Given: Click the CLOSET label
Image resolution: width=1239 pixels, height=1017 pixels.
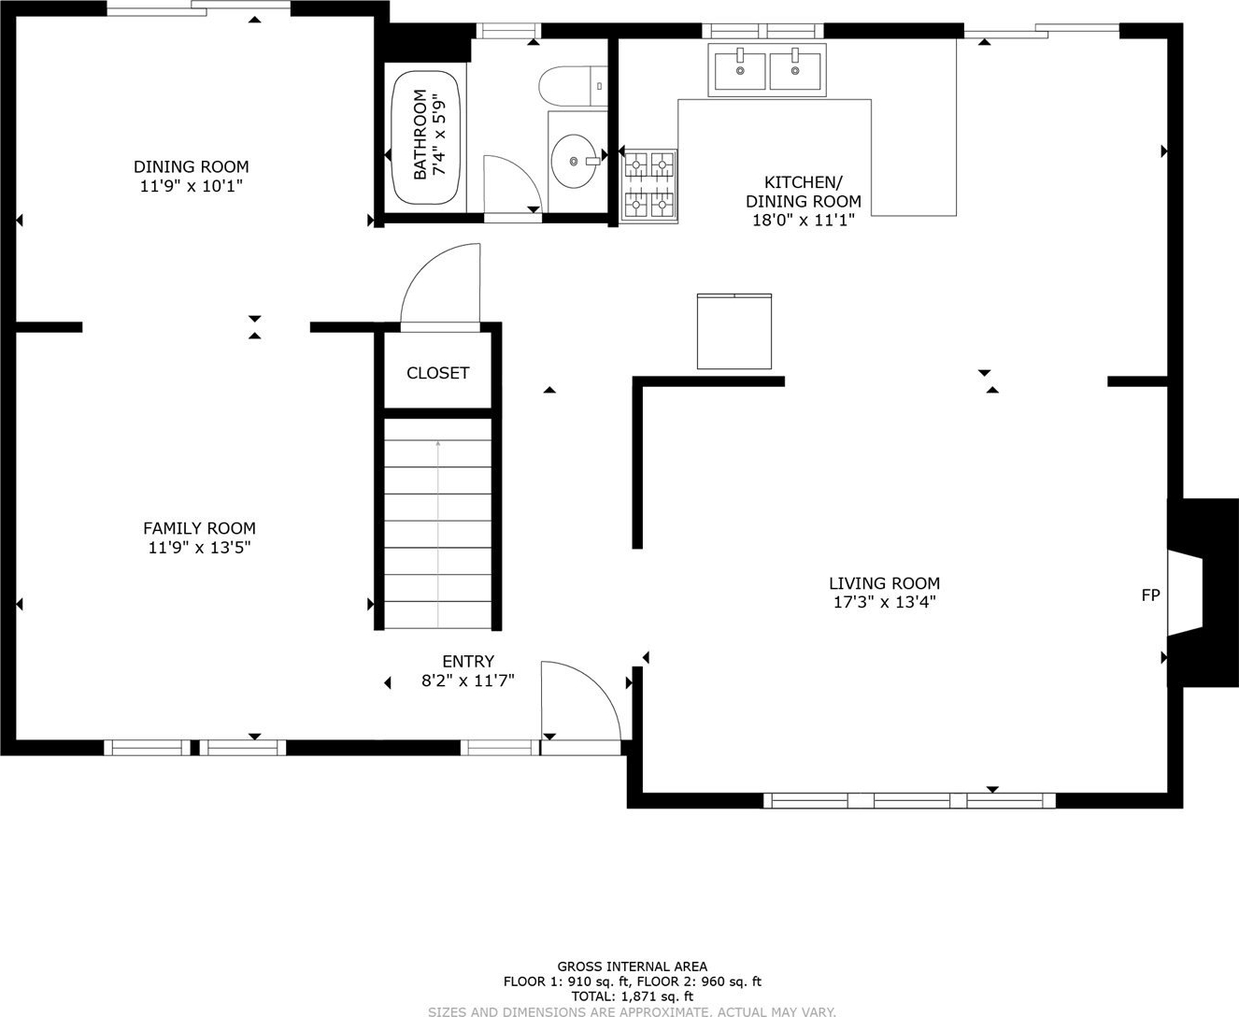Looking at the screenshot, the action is (437, 373).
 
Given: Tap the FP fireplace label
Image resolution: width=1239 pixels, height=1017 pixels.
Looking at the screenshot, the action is (1150, 594).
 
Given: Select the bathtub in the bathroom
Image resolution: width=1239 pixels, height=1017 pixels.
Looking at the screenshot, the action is (425, 137).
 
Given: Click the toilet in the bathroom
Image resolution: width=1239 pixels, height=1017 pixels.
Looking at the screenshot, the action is (573, 86).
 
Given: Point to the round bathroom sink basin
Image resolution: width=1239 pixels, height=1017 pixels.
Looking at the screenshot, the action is (574, 161).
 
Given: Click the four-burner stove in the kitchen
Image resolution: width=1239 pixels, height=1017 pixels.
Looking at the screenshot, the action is (649, 186).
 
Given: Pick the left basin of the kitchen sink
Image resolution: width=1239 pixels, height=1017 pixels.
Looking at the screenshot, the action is (740, 70).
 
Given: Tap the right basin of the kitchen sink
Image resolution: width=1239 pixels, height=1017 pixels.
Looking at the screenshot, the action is (795, 70).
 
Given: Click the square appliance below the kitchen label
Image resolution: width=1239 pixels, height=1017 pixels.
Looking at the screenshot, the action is (734, 332).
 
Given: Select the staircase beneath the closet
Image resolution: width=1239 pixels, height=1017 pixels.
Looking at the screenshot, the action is (437, 523).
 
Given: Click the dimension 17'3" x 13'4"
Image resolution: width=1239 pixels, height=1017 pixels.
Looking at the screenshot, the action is (884, 602).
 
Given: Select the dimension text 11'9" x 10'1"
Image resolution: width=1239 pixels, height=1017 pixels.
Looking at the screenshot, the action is (191, 186).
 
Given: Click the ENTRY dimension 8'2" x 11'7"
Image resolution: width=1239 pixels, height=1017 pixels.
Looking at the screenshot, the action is (467, 680).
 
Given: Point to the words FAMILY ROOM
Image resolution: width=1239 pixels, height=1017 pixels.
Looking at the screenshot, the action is (199, 528).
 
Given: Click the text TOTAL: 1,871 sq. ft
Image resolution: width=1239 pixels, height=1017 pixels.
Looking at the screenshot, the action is (633, 996).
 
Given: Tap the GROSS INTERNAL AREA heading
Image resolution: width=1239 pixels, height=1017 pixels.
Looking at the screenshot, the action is (633, 966).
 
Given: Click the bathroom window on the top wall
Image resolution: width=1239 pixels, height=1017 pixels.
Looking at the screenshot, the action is (508, 31).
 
